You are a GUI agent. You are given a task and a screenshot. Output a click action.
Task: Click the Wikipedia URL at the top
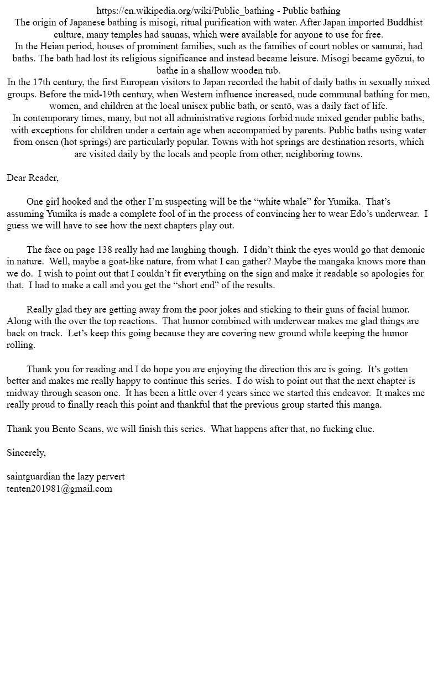pos(185,11)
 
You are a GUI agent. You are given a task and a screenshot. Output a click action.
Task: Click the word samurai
pos(386,46)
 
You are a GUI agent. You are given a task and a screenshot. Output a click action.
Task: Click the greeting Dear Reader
pos(32,178)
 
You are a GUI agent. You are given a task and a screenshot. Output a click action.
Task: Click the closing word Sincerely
pos(26,453)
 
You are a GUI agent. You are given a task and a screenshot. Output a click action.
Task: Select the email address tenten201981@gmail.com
pos(59,489)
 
